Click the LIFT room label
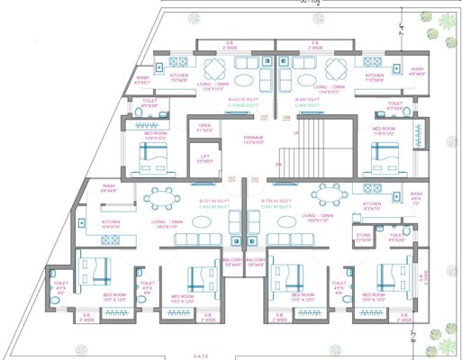205,158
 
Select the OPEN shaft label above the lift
204,128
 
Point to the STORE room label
364,238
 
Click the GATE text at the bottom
199,355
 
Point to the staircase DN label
279,166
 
